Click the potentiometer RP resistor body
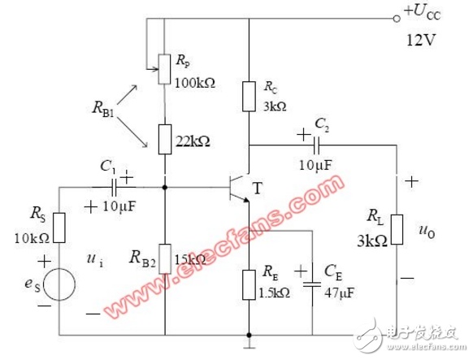point(165,69)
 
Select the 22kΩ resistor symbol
point(165,139)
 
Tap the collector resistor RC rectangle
point(249,96)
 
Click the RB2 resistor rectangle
point(165,259)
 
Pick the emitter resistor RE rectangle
point(249,285)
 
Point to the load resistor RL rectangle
point(397,229)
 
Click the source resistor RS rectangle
point(59,228)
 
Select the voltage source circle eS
point(59,284)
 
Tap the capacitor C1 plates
point(115,187)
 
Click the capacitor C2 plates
point(317,145)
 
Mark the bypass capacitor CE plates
point(312,284)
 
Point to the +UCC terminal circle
point(397,19)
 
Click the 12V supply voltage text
point(421,40)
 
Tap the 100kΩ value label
point(195,83)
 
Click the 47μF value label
point(339,293)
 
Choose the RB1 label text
point(103,109)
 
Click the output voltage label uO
point(427,232)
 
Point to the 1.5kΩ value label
point(275,293)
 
